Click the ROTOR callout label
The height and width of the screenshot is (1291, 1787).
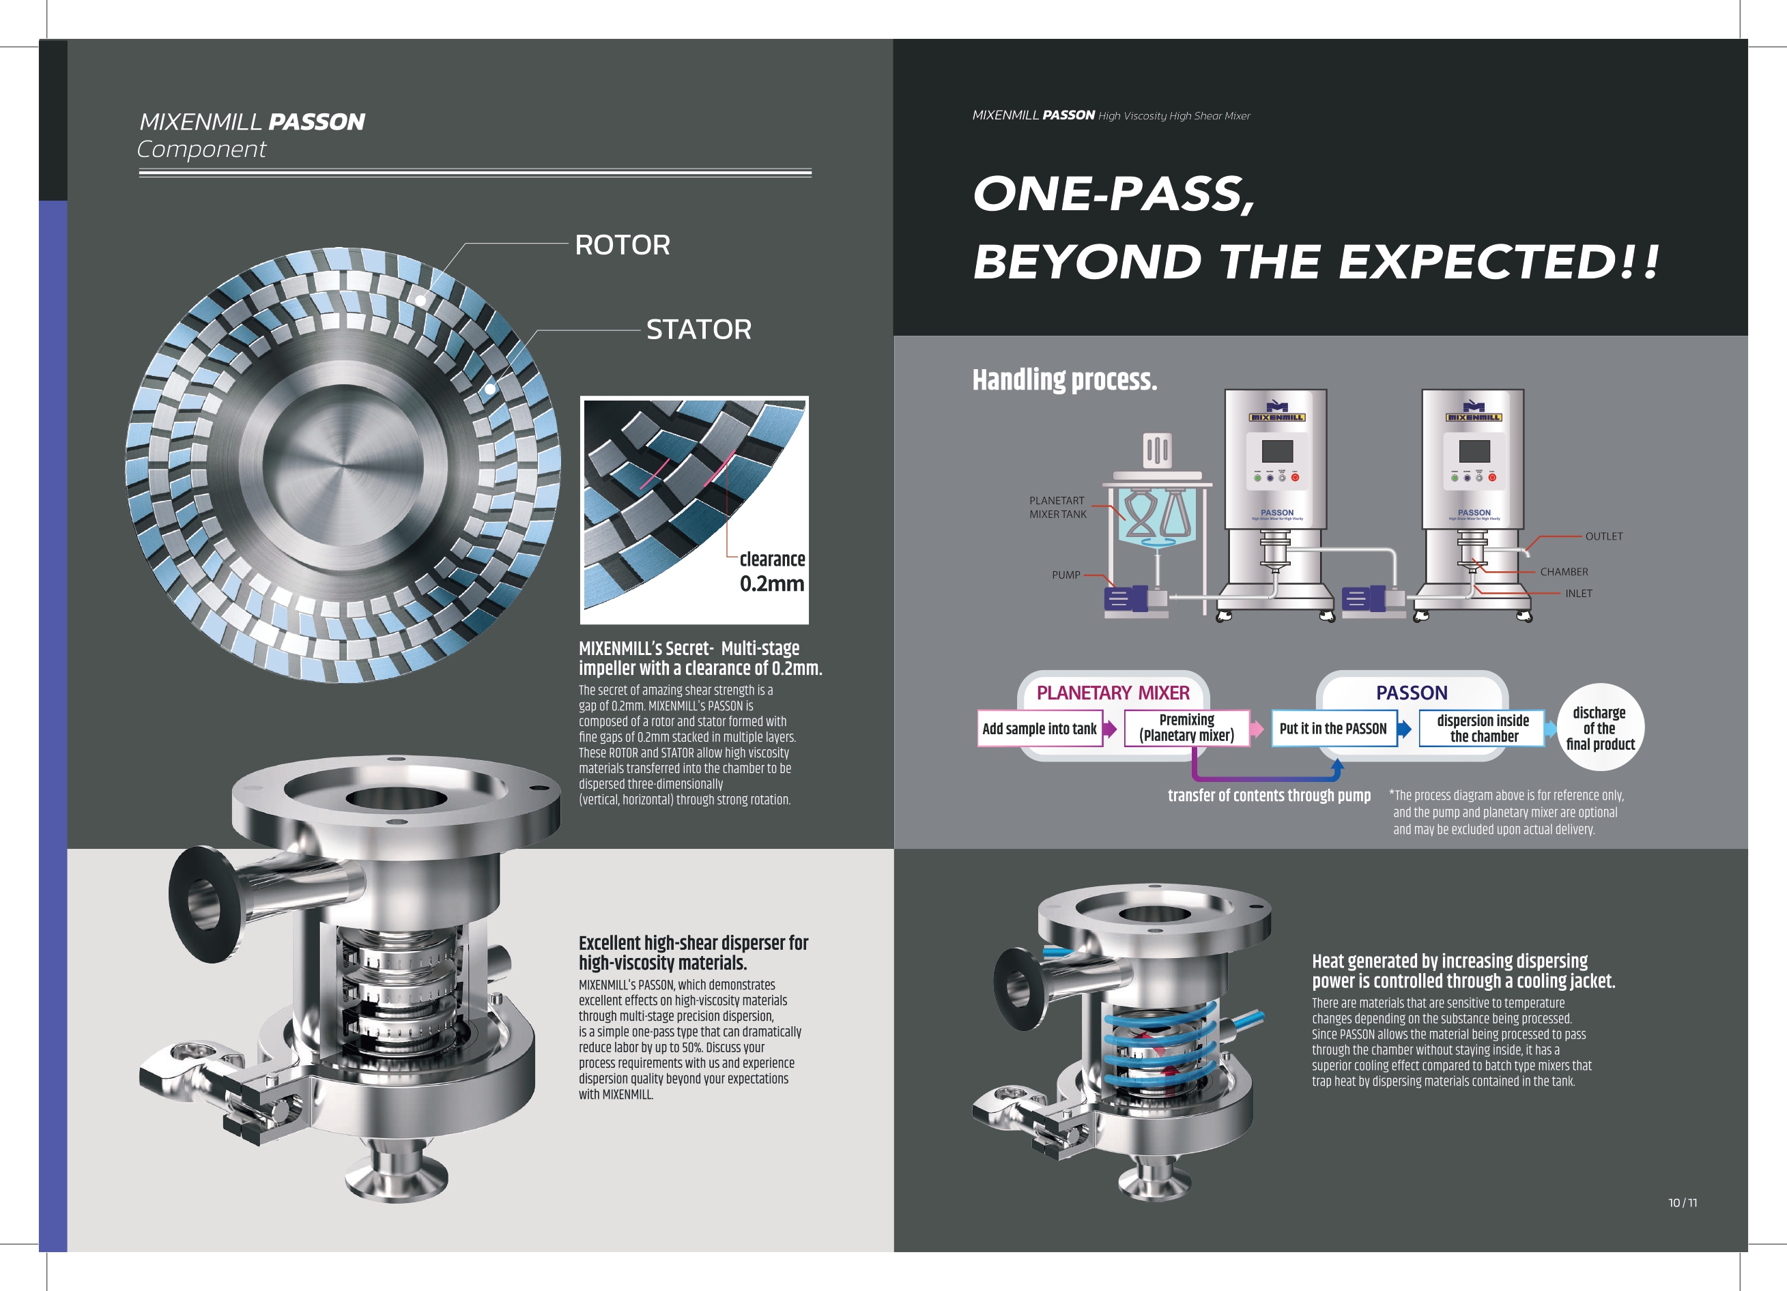pyautogui.click(x=623, y=245)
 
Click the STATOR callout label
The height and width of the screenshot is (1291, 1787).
pyautogui.click(x=699, y=330)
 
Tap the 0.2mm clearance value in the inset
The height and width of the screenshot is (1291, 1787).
pyautogui.click(x=772, y=583)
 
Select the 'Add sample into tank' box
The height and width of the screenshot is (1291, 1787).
pyautogui.click(x=1040, y=729)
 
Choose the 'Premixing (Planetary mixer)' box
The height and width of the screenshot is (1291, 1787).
pyautogui.click(x=1186, y=728)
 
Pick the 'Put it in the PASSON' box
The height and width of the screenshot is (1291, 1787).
pyautogui.click(x=1333, y=729)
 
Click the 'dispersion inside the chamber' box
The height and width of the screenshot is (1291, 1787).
pyautogui.click(x=1482, y=729)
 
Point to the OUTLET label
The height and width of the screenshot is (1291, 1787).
pyautogui.click(x=1603, y=536)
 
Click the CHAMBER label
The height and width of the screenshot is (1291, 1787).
pyautogui.click(x=1564, y=572)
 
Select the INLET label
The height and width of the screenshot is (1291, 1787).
pyautogui.click(x=1578, y=594)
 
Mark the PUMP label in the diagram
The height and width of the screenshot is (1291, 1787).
pyautogui.click(x=1066, y=575)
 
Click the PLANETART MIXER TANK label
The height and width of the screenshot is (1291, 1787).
pyautogui.click(x=1057, y=507)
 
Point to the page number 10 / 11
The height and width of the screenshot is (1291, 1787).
pyautogui.click(x=1682, y=1203)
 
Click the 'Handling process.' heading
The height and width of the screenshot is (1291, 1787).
pyautogui.click(x=1064, y=379)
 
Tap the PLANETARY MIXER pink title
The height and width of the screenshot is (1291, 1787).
pyautogui.click(x=1113, y=693)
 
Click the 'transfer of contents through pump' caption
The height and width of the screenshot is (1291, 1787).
pyautogui.click(x=1268, y=796)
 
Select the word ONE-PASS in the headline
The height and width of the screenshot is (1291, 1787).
pyautogui.click(x=1113, y=194)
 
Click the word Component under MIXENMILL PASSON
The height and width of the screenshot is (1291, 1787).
pyautogui.click(x=202, y=149)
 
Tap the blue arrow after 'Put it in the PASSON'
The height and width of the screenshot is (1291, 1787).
pyautogui.click(x=1404, y=729)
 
